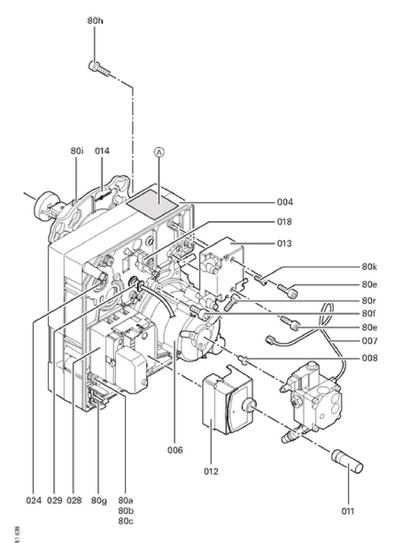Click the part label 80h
coord(95,21)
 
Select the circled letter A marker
coord(160,152)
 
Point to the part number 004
coord(285,202)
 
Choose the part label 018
coord(284,222)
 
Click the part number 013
coord(284,243)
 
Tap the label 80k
coord(369,267)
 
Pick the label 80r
coord(369,301)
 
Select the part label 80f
coord(369,314)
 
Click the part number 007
coord(370,341)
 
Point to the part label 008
coord(370,358)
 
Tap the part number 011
coord(348,511)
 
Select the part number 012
coord(211,471)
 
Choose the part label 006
coord(175,450)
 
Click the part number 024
coord(34,500)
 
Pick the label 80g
coord(99,500)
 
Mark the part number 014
coord(102,151)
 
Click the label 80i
coord(77,151)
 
